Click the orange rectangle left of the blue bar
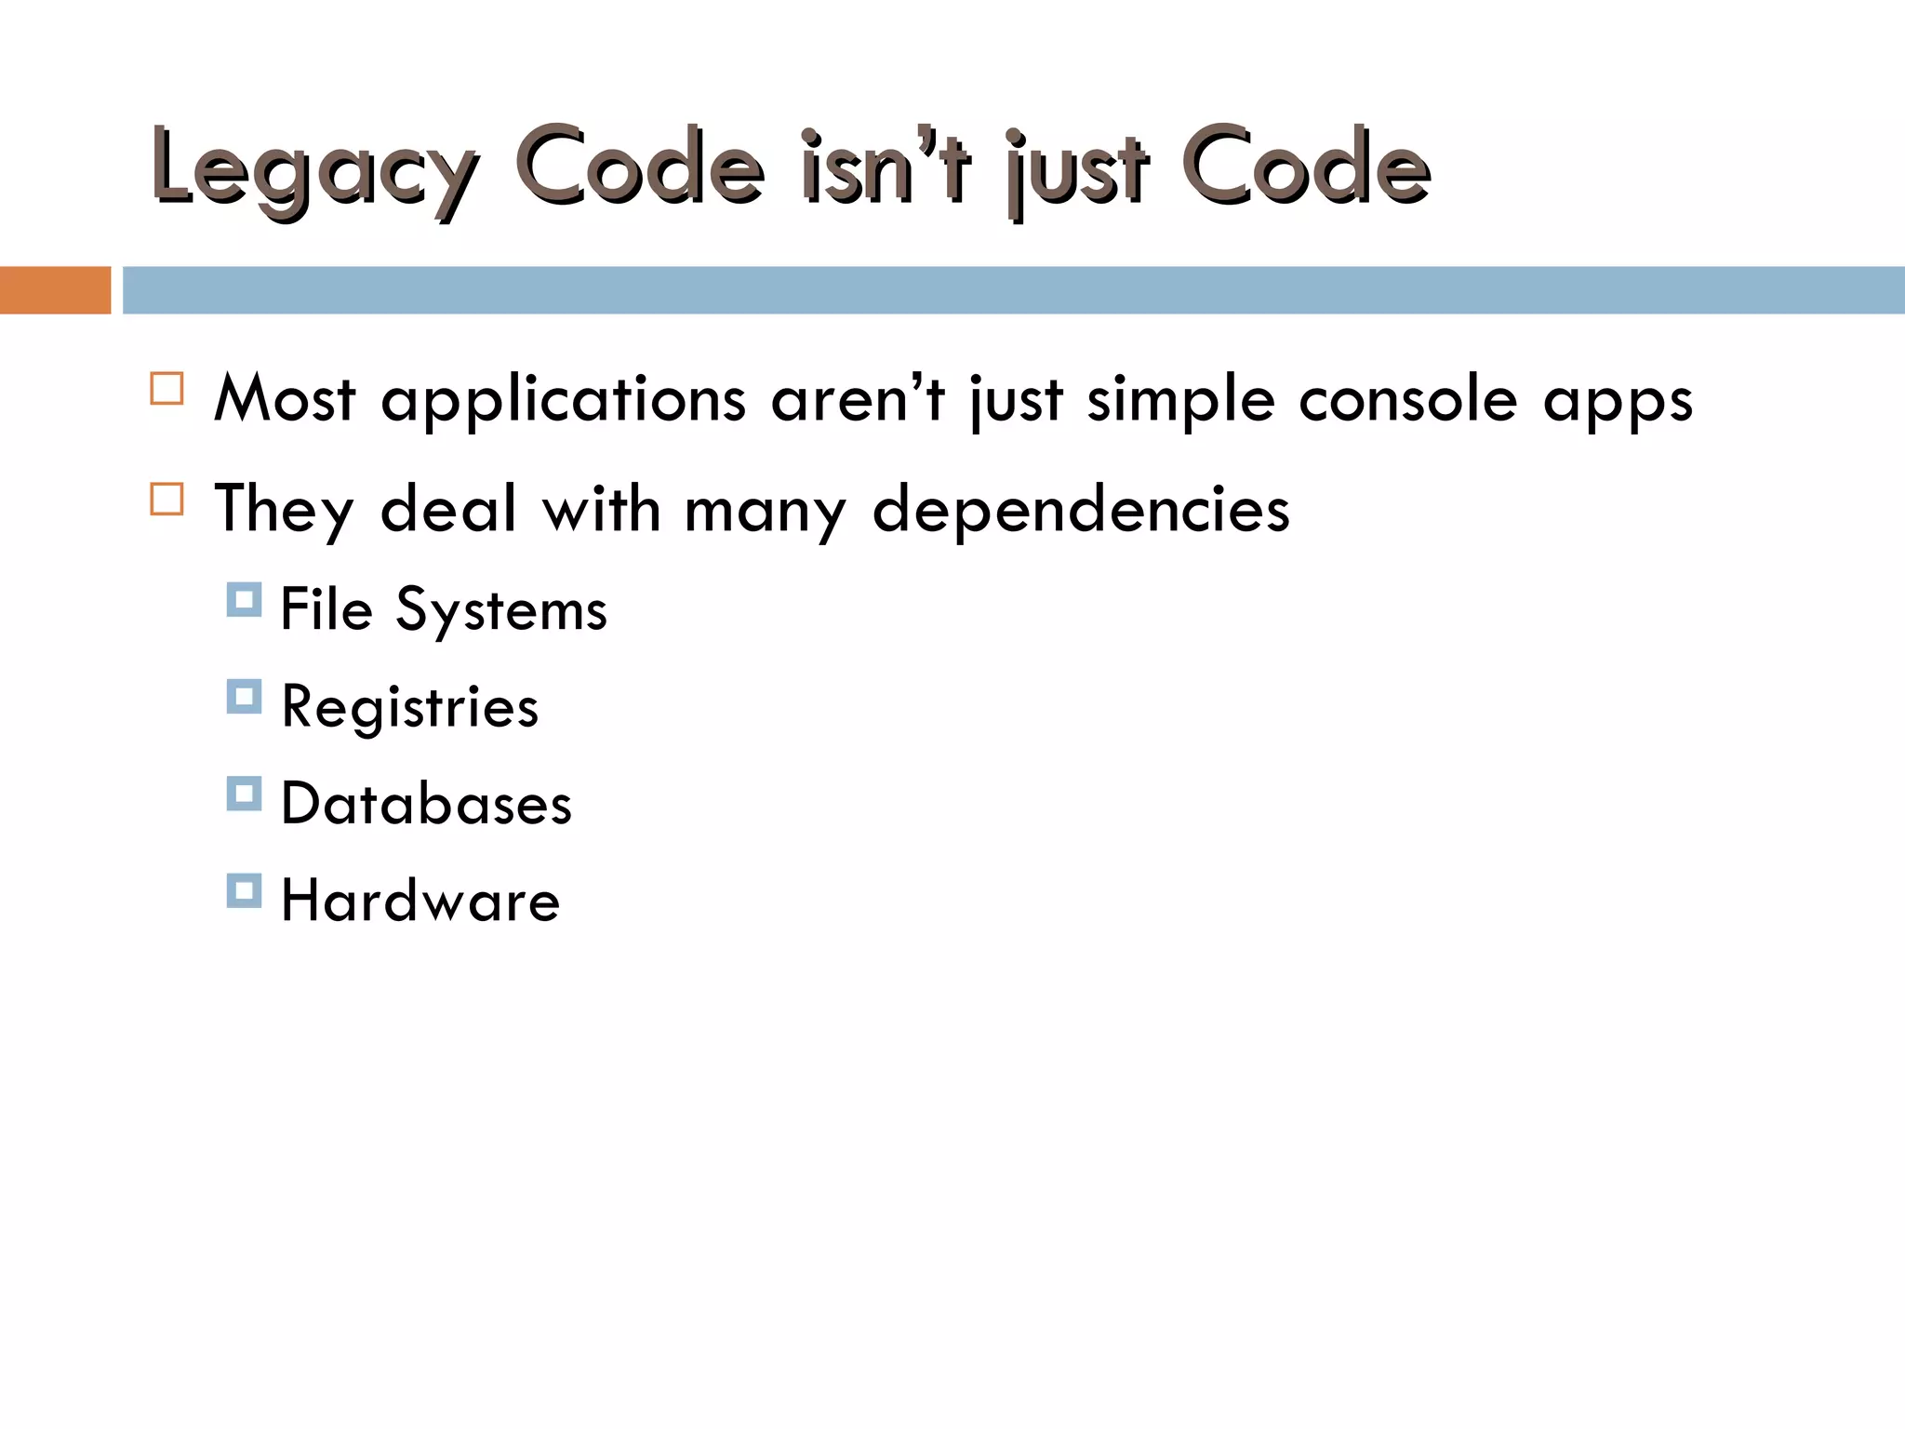pos(55,290)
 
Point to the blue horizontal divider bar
pos(1014,290)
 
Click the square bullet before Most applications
pos(167,389)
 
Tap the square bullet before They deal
pos(167,500)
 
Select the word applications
pos(564,400)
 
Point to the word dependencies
pos(1081,510)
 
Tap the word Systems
pos(501,611)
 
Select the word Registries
pos(410,708)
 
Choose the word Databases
pos(426,804)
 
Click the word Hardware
pos(420,901)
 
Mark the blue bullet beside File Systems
pos(244,600)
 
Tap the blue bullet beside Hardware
pos(244,890)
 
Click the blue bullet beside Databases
pos(244,794)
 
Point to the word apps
pos(1618,402)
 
